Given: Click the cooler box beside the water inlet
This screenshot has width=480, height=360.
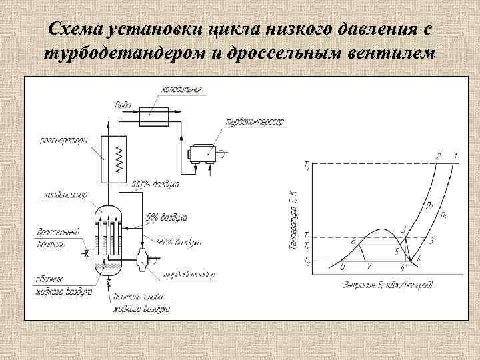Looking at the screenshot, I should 155,115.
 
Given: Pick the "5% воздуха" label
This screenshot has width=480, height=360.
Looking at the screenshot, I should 167,217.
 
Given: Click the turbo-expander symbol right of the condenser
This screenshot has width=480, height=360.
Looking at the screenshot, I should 141,260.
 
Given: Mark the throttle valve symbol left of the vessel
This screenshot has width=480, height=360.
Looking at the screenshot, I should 85,254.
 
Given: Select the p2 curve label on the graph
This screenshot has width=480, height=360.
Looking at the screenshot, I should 429,204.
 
